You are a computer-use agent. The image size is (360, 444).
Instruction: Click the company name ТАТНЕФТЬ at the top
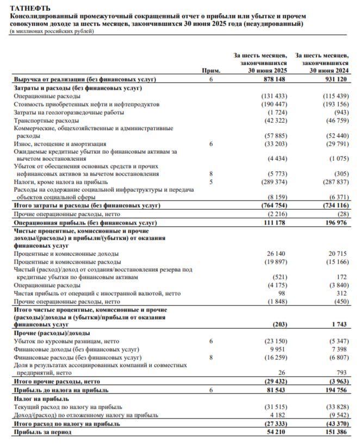pos(30,8)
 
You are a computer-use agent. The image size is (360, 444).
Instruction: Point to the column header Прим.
pos(211,71)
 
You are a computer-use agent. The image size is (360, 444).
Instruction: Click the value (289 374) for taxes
pos(273,182)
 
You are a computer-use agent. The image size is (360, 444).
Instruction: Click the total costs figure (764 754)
pos(273,207)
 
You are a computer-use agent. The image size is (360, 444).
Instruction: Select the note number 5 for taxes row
pos(211,182)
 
